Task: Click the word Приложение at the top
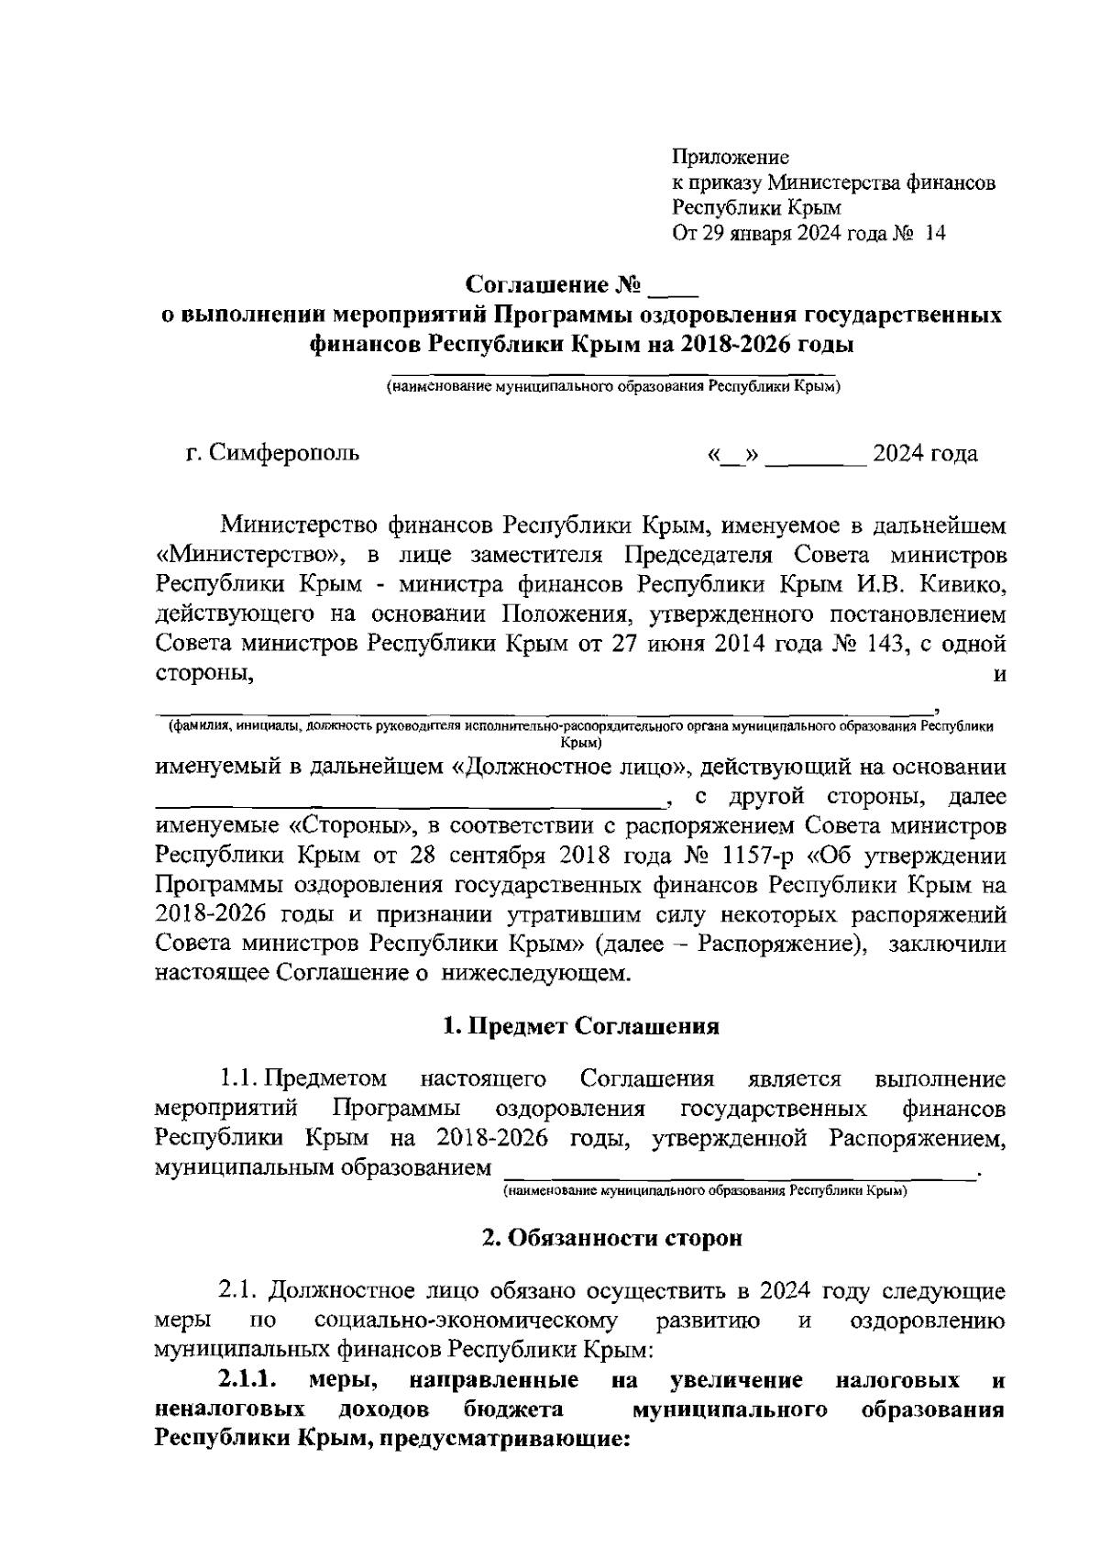[731, 158]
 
